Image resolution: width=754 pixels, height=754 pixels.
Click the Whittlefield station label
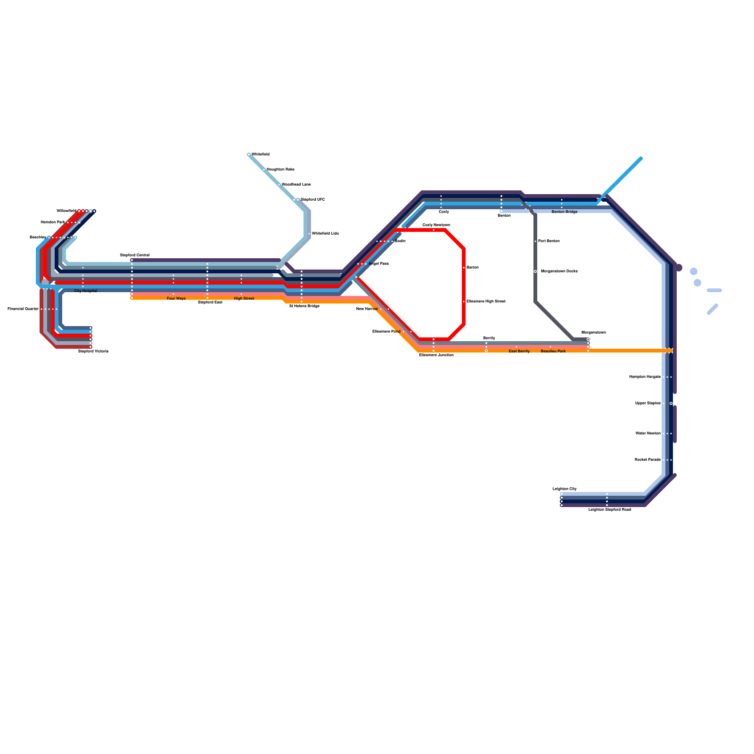point(260,154)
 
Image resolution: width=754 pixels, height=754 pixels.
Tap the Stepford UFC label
point(312,199)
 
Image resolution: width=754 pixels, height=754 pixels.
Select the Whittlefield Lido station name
point(325,233)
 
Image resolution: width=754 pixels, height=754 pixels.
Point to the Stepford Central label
point(134,255)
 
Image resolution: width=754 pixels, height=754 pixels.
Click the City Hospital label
point(86,291)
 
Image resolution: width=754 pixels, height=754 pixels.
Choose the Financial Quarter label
point(23,309)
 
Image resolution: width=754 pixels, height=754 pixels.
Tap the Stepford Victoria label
point(93,351)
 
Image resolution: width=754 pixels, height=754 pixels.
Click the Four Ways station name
point(176,298)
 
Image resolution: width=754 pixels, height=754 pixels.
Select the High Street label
point(244,298)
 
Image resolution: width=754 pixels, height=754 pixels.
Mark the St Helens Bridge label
point(304,306)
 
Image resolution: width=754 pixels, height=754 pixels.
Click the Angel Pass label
point(378,263)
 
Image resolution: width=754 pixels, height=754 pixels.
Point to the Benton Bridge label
point(564,212)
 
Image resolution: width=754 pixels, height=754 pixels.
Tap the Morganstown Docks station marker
point(535,271)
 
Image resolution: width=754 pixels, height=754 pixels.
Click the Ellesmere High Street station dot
point(464,302)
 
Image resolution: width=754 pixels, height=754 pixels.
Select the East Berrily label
point(519,351)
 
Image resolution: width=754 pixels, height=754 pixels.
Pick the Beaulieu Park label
point(553,351)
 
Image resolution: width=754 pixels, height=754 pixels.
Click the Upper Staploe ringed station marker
point(671,403)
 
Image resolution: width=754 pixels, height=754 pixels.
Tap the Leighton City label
point(565,489)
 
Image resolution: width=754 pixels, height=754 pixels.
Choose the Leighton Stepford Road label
point(610,509)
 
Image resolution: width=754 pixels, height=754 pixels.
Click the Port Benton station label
point(549,241)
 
